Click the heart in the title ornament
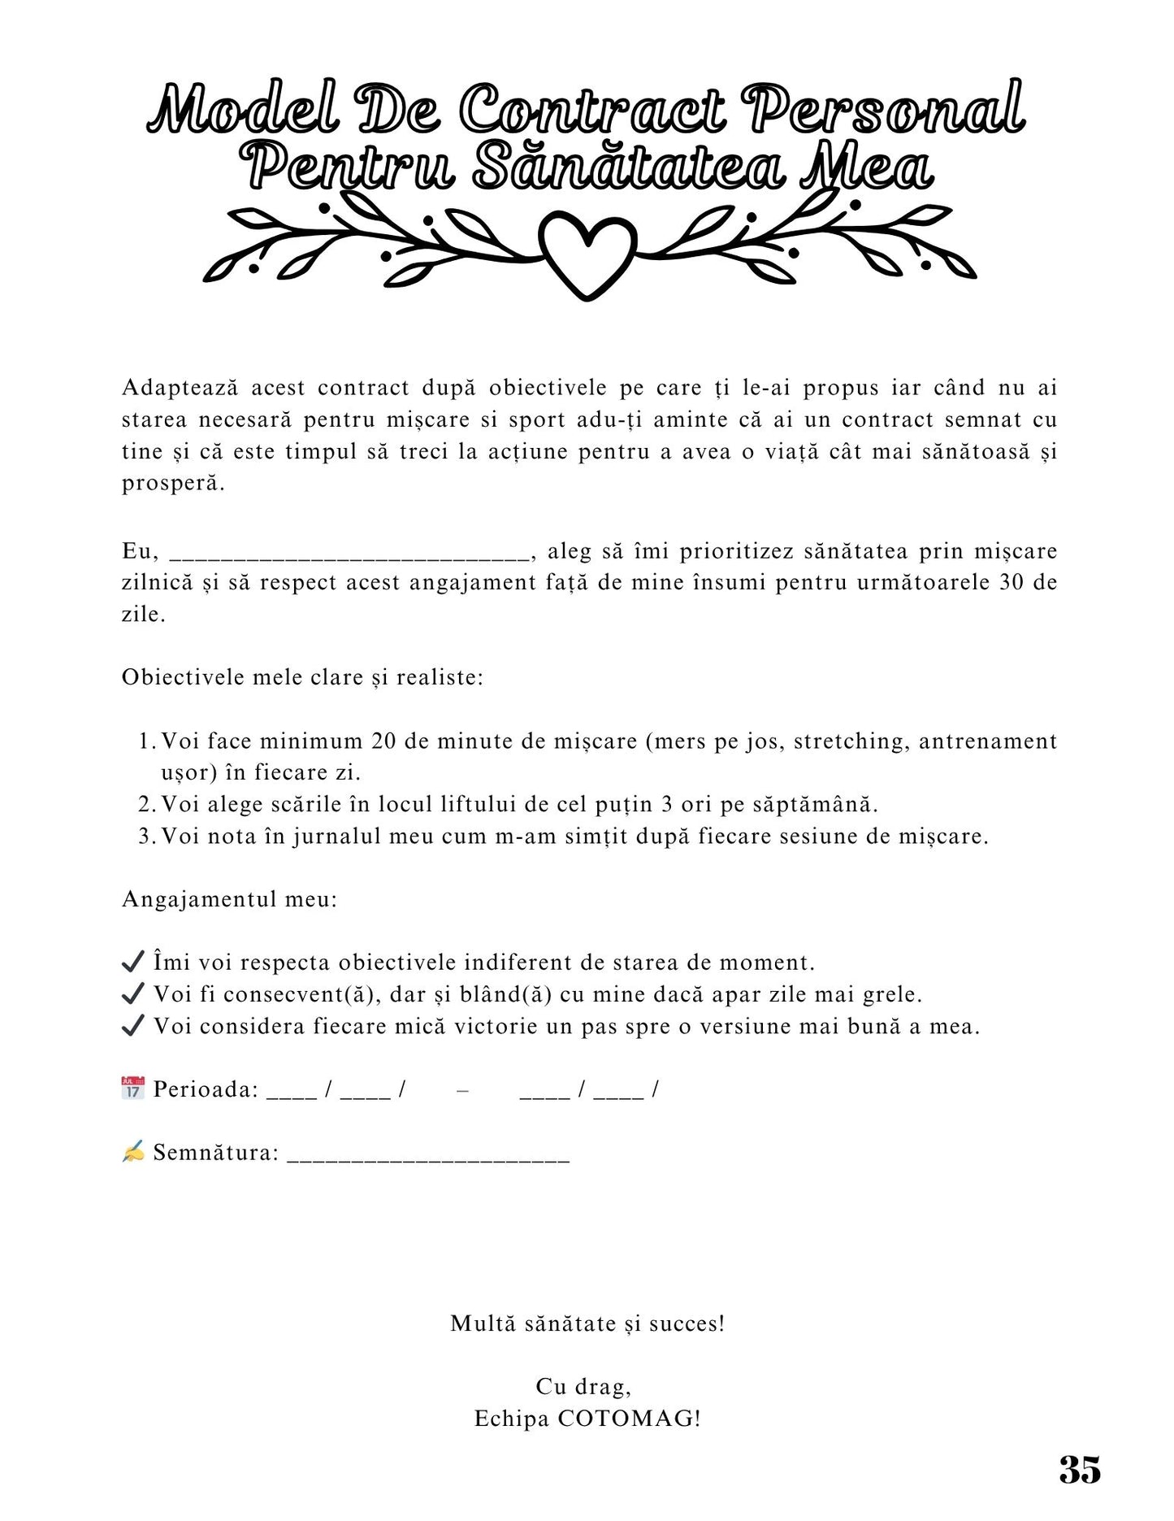587,250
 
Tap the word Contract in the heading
593,110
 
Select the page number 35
1080,1469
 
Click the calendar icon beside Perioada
132,1088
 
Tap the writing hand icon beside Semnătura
132,1151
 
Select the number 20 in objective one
384,741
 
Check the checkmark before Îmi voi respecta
132,962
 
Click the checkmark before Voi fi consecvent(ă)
132,993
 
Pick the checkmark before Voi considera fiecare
132,1025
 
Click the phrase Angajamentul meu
229,899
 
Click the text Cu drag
583,1387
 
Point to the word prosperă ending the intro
172,484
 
